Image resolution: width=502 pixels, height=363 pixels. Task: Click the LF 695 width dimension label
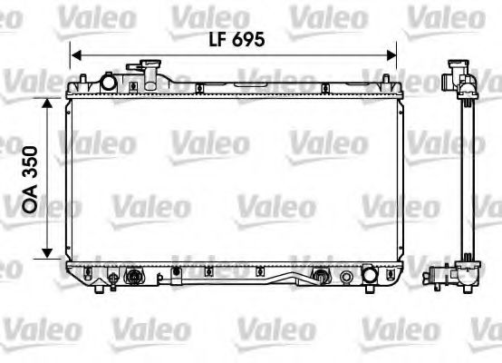[x=235, y=40]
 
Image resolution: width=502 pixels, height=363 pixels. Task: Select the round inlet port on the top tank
[x=110, y=83]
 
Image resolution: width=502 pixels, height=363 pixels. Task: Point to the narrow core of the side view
[x=467, y=177]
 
